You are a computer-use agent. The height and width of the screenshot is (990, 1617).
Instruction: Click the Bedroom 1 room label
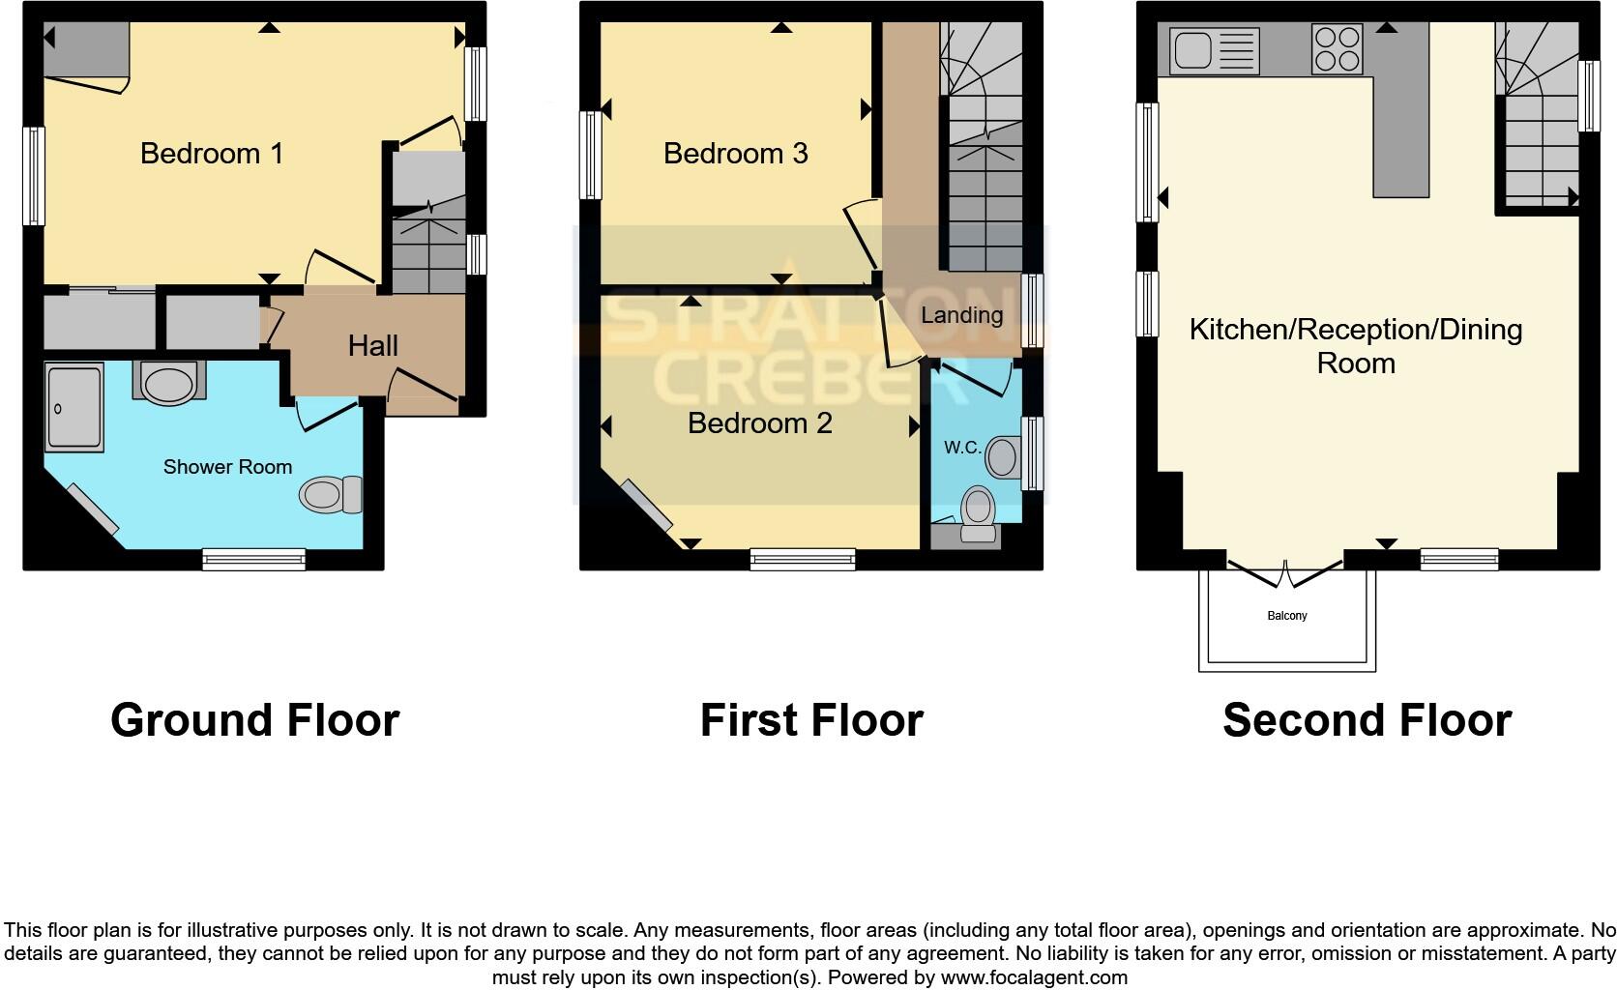click(x=212, y=154)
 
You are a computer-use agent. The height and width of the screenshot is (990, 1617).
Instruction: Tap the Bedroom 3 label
click(x=735, y=154)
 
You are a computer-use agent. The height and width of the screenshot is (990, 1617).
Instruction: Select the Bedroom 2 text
click(x=759, y=423)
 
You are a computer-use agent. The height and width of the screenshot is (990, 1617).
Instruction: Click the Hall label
click(x=373, y=346)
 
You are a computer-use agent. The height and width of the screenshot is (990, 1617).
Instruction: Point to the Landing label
click(x=961, y=315)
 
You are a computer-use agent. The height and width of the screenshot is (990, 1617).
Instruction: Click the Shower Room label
click(x=227, y=467)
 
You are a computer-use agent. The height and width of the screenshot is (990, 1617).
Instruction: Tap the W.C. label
click(x=962, y=448)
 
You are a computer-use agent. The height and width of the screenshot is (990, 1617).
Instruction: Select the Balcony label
click(x=1286, y=616)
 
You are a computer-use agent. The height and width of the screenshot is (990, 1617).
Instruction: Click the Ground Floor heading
click(x=254, y=720)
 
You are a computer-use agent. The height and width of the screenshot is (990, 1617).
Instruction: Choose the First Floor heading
click(x=811, y=720)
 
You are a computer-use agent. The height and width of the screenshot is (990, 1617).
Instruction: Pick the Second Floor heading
click(x=1367, y=720)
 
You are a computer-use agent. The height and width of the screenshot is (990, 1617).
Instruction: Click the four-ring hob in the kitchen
click(x=1338, y=49)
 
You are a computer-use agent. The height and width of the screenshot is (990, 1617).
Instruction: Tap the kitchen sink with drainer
click(x=1214, y=50)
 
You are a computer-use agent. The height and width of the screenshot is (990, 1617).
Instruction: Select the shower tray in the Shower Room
click(x=73, y=407)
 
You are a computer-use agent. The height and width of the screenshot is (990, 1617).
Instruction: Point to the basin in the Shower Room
click(x=168, y=382)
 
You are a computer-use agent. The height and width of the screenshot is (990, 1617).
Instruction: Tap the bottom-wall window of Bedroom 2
click(x=803, y=558)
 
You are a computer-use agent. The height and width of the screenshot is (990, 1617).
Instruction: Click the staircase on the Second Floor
click(x=1537, y=116)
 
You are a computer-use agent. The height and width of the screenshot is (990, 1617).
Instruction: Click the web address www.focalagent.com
click(x=1033, y=977)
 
